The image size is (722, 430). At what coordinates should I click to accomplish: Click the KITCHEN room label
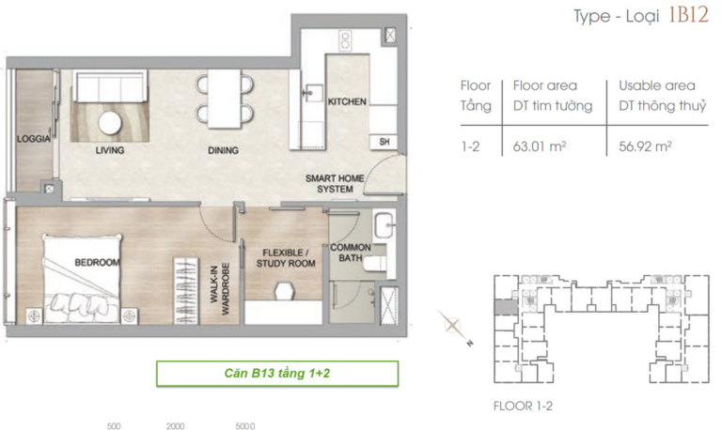tap(347, 101)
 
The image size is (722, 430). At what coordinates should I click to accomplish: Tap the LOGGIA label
tap(33, 138)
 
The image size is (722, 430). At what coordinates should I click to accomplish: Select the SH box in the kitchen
tap(384, 142)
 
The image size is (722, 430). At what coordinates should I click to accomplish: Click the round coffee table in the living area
tap(110, 123)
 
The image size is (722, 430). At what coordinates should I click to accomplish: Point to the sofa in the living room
tap(110, 86)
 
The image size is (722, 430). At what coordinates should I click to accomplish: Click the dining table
tap(224, 99)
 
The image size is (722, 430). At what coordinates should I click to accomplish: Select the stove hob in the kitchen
tap(345, 40)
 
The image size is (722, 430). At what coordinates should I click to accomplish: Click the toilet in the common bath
tap(375, 264)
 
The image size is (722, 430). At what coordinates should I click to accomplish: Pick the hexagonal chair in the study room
tap(284, 291)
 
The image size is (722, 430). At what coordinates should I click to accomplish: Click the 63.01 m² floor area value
tap(540, 146)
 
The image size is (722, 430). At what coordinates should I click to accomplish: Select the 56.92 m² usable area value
tap(645, 146)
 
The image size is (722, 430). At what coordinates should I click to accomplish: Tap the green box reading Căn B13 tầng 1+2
tap(277, 373)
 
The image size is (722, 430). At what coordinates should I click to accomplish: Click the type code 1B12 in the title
tap(688, 15)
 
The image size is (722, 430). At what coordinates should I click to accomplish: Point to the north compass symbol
tap(454, 327)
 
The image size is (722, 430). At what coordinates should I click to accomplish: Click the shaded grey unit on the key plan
tap(506, 307)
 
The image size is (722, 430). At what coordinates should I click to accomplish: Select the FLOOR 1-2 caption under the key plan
tap(523, 407)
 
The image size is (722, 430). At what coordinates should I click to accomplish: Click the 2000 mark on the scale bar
tap(176, 426)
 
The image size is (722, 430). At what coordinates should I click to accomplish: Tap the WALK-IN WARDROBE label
tap(220, 290)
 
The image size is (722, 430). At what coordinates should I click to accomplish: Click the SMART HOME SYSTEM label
tap(335, 183)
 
